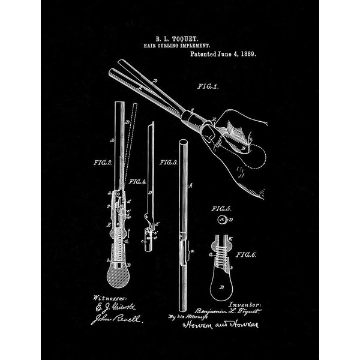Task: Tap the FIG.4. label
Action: click(x=137, y=181)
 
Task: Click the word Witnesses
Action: click(x=106, y=298)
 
